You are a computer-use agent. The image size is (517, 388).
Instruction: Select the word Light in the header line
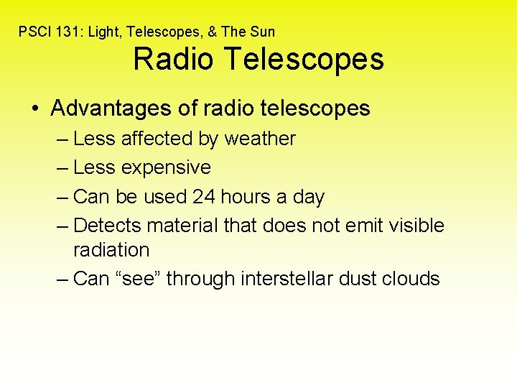[x=99, y=32]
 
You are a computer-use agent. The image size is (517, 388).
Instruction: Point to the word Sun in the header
[x=262, y=32]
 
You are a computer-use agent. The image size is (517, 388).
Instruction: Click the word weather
[x=260, y=139]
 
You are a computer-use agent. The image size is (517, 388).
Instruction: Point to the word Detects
[x=107, y=226]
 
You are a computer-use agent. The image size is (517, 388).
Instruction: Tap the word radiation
[x=111, y=250]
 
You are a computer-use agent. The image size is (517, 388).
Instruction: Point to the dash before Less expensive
[x=62, y=168]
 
